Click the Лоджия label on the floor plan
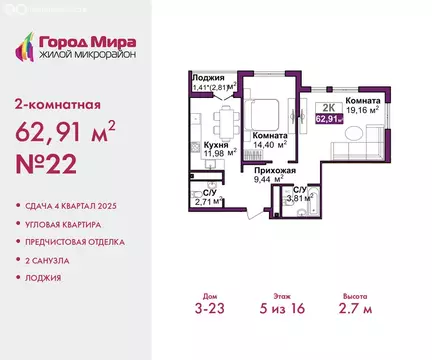point(207,77)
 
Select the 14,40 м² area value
point(269,144)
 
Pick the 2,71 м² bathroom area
point(206,201)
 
